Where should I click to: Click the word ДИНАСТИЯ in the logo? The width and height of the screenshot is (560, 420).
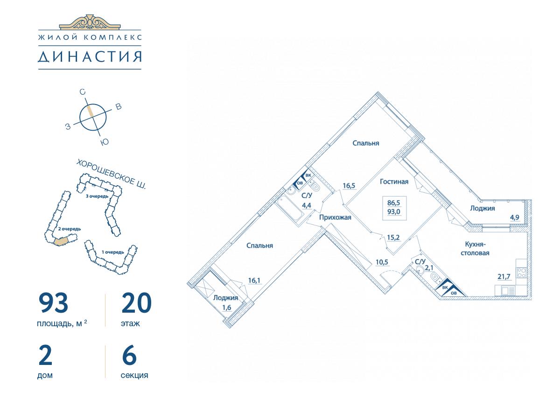click(90, 56)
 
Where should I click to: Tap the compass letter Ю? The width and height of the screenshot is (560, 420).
click(105, 142)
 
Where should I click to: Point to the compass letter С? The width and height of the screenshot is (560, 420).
click(82, 92)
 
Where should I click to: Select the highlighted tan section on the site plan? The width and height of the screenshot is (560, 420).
click(61, 241)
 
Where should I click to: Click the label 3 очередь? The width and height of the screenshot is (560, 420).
click(97, 196)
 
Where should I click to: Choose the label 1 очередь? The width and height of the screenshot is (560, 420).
click(113, 252)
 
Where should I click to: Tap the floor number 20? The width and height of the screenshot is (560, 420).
click(136, 303)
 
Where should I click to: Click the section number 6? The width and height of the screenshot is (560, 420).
click(129, 355)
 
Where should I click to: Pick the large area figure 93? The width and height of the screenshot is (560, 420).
click(53, 303)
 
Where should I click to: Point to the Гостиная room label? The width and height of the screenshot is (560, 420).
click(394, 182)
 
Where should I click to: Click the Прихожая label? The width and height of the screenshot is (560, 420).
click(335, 217)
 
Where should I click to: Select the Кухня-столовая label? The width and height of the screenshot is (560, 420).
click(475, 249)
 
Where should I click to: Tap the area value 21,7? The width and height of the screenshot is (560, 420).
click(504, 276)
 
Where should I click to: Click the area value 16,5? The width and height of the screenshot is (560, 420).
click(349, 186)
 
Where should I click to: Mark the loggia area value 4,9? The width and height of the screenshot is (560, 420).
click(515, 217)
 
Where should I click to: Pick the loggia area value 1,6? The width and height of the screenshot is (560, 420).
click(226, 308)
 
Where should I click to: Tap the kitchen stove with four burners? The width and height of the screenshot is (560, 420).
click(521, 273)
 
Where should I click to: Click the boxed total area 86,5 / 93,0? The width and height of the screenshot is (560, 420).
click(394, 208)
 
